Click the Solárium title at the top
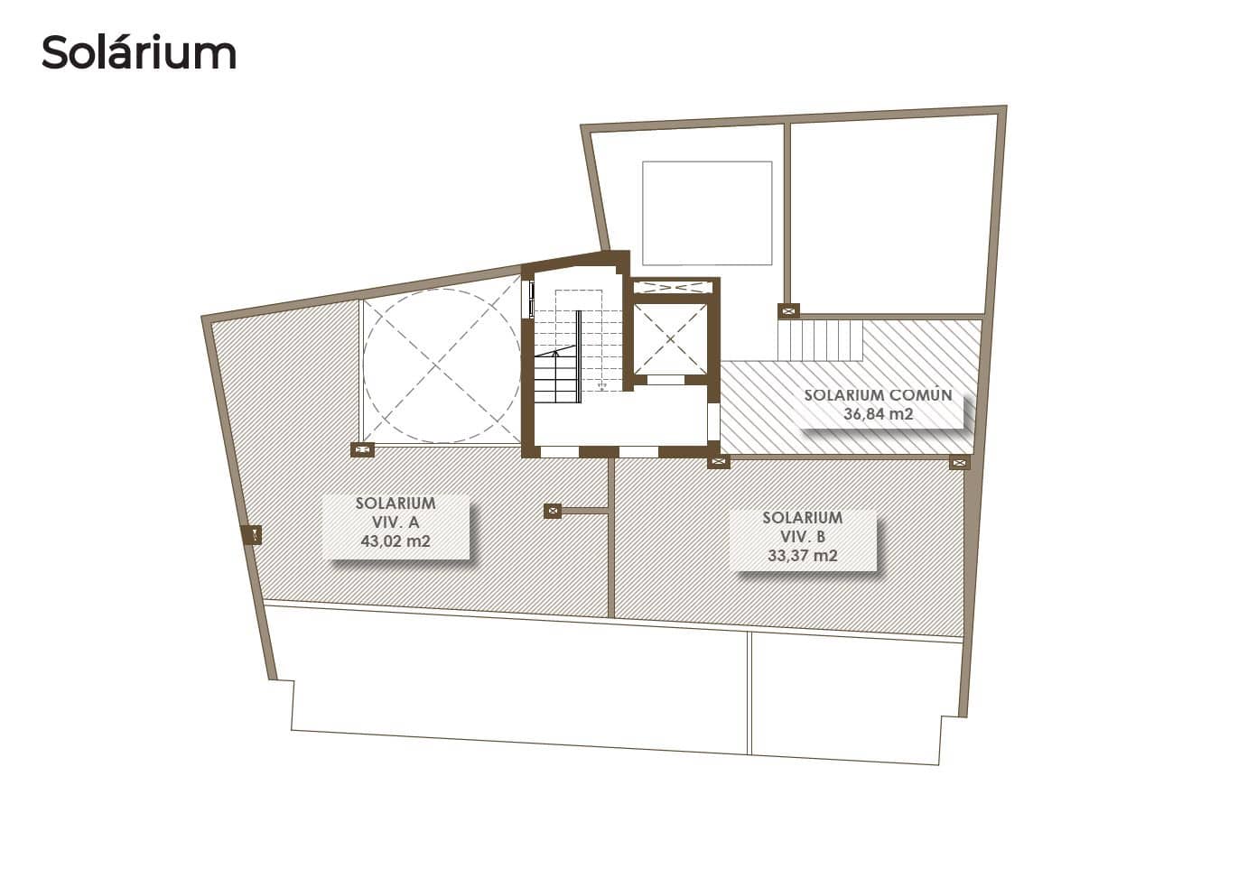[139, 52]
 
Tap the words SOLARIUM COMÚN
[878, 395]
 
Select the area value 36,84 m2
[878, 414]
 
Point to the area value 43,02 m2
[396, 541]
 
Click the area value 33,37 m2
[802, 556]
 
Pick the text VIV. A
[396, 522]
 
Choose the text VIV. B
[802, 537]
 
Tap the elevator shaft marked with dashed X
[669, 339]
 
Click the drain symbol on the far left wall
[254, 535]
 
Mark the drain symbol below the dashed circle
[362, 449]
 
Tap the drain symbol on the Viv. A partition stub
[554, 511]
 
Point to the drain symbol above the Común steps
[789, 311]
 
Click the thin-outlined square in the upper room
[707, 212]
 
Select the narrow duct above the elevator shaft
[673, 288]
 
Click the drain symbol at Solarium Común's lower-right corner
[958, 463]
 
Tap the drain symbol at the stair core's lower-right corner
[719, 462]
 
